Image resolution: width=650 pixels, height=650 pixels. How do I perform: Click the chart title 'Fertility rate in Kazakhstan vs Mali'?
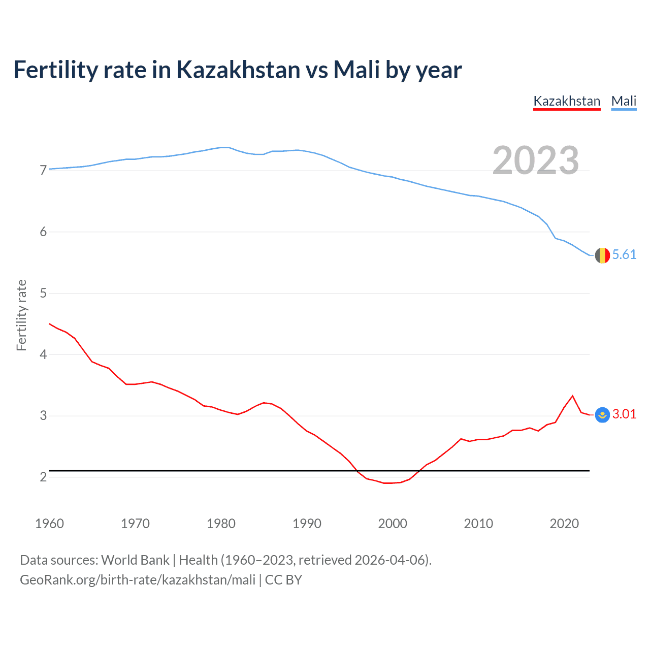pyautogui.click(x=237, y=70)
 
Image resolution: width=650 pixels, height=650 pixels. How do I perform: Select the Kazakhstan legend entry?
pyautogui.click(x=567, y=101)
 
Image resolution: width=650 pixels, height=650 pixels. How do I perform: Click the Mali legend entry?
pyautogui.click(x=624, y=101)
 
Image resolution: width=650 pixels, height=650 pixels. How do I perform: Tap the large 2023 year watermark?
pyautogui.click(x=535, y=160)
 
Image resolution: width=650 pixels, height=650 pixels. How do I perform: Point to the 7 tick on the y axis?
pyautogui.click(x=43, y=170)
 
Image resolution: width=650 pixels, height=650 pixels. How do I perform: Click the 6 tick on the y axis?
pyautogui.click(x=43, y=232)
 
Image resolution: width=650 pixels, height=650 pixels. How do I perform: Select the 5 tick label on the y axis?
pyautogui.click(x=43, y=293)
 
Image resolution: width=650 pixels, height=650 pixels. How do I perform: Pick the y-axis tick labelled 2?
pyautogui.click(x=43, y=477)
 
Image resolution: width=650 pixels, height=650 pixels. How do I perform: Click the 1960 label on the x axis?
pyautogui.click(x=49, y=524)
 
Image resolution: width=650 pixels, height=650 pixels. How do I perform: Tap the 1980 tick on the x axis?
pyautogui.click(x=221, y=524)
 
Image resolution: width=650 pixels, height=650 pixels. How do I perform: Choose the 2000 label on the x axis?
pyautogui.click(x=393, y=524)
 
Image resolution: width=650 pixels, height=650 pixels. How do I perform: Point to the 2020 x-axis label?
pyautogui.click(x=564, y=524)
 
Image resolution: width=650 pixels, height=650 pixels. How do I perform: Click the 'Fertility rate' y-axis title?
pyautogui.click(x=21, y=315)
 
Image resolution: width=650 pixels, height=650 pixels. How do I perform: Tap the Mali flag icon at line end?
pyautogui.click(x=602, y=255)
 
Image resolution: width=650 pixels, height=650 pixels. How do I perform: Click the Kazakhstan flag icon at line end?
pyautogui.click(x=602, y=415)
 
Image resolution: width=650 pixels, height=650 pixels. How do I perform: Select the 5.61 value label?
pyautogui.click(x=624, y=254)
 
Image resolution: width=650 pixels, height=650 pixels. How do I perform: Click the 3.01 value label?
pyautogui.click(x=624, y=414)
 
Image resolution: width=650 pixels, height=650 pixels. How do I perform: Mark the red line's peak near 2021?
pyautogui.click(x=573, y=396)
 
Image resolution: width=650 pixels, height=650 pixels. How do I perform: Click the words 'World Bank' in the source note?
pyautogui.click(x=135, y=560)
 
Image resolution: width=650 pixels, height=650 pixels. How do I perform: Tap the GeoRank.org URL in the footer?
pyautogui.click(x=137, y=579)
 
